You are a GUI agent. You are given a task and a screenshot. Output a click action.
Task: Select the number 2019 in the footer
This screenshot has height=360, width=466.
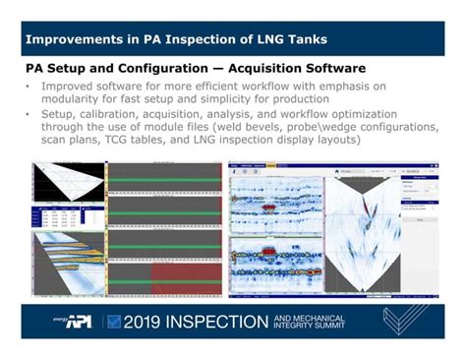[x=147, y=321]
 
